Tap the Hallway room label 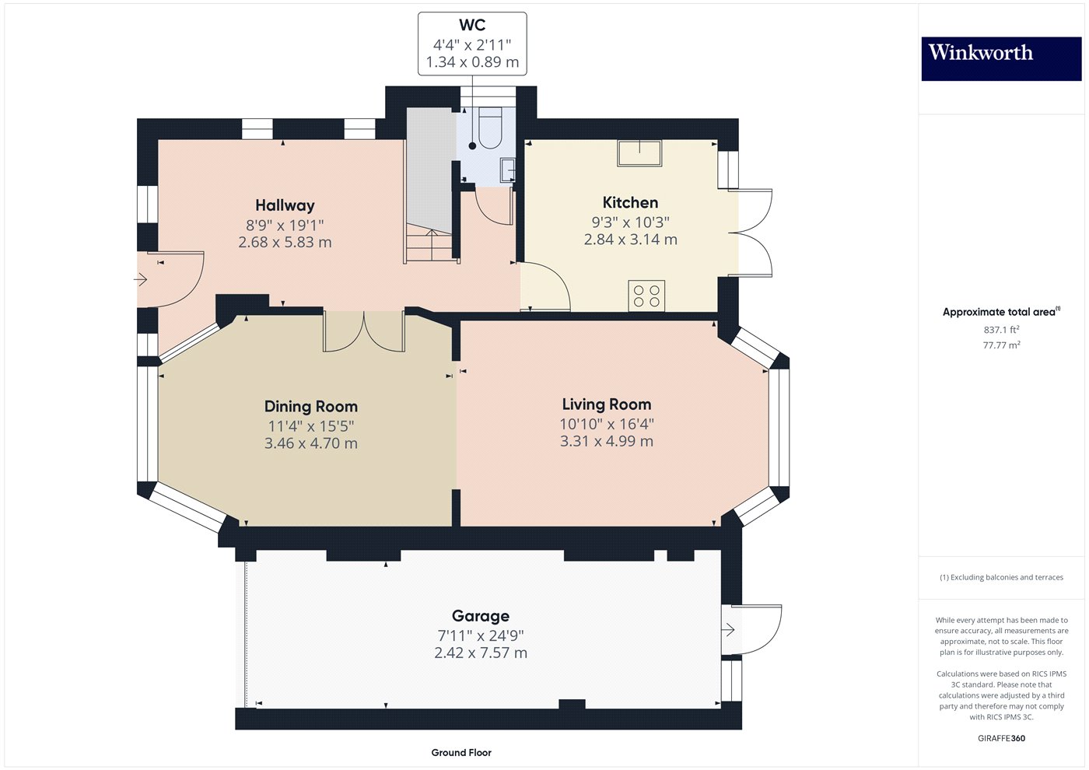click(x=285, y=205)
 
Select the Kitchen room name click(x=630, y=203)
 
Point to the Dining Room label click(x=311, y=407)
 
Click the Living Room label click(x=607, y=404)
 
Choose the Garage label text click(x=481, y=616)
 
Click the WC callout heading click(x=472, y=26)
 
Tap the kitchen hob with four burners click(x=646, y=296)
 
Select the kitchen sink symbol click(x=639, y=153)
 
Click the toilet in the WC click(x=490, y=129)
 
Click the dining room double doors click(x=364, y=331)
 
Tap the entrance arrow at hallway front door click(x=142, y=279)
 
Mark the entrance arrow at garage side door click(x=729, y=629)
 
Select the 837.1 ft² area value click(x=1001, y=330)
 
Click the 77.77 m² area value click(x=1001, y=345)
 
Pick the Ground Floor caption click(x=461, y=752)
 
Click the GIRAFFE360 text click(x=1001, y=738)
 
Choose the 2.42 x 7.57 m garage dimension click(x=481, y=653)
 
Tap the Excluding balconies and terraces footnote click(x=1001, y=577)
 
